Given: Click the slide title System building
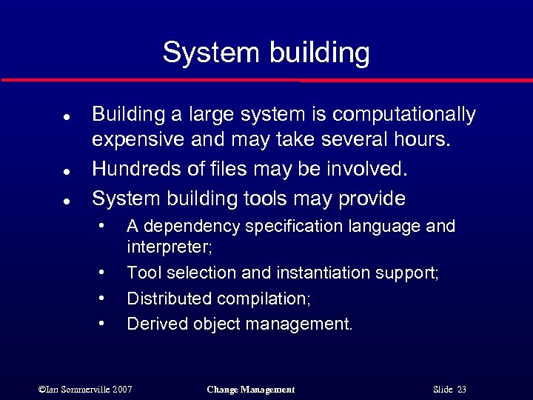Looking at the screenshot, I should point(266,53).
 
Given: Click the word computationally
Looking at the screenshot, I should point(404,115).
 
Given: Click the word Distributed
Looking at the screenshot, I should point(169,299).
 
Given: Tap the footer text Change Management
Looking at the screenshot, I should point(250,390).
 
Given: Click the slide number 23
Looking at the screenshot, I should point(462,390).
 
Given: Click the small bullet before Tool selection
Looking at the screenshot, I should point(102,273).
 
